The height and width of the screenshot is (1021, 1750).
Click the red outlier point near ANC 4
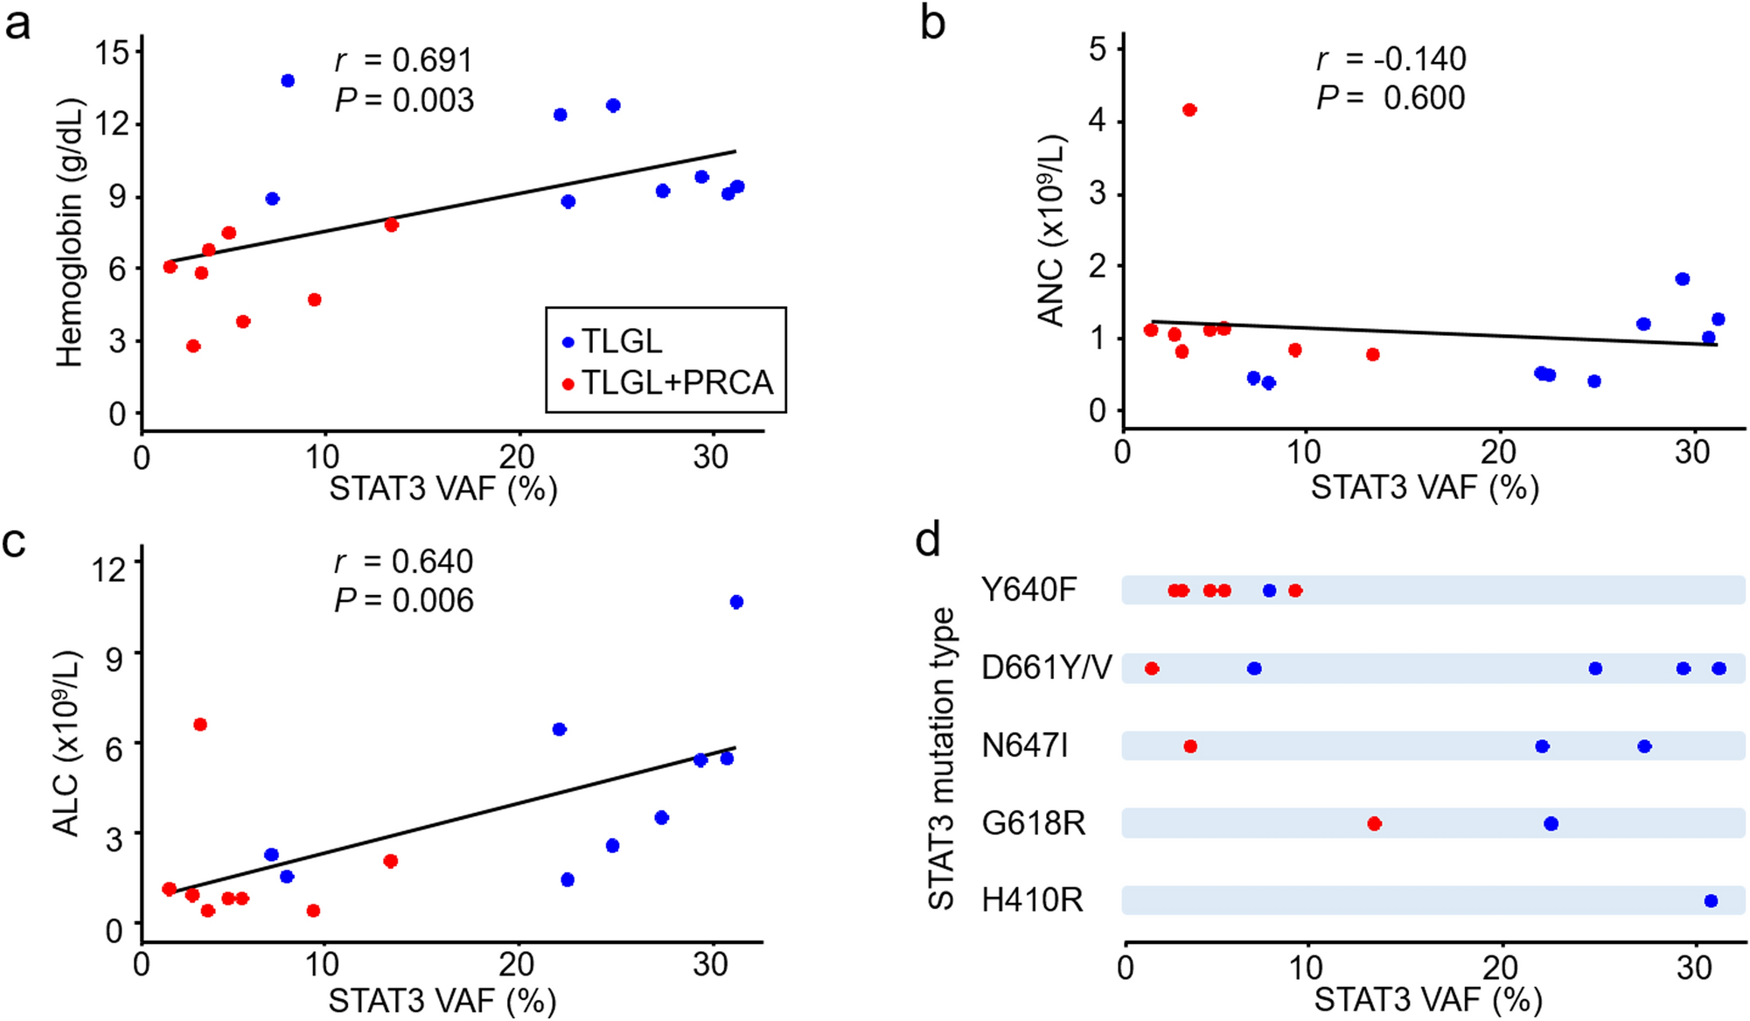point(1189,110)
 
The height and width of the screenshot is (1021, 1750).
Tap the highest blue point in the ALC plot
point(736,602)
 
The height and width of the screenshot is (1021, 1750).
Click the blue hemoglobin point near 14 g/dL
point(288,80)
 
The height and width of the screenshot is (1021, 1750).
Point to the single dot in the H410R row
point(1712,901)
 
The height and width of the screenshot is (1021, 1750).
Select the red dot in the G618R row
point(1374,824)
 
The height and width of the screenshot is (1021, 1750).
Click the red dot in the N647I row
point(1190,746)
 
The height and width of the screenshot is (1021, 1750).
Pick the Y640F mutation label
point(1028,591)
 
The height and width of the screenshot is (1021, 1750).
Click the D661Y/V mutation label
point(1046,668)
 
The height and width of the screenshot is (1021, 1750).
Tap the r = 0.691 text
point(403,60)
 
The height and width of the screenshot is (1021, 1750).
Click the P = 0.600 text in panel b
point(1391,98)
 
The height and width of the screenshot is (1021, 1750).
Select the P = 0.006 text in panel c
point(403,601)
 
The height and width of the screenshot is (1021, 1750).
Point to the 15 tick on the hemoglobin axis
point(113,52)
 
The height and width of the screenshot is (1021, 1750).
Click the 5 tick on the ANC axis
point(1098,49)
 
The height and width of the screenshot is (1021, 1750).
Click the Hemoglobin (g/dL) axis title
point(69,233)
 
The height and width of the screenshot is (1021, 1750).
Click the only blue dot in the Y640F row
point(1270,591)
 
